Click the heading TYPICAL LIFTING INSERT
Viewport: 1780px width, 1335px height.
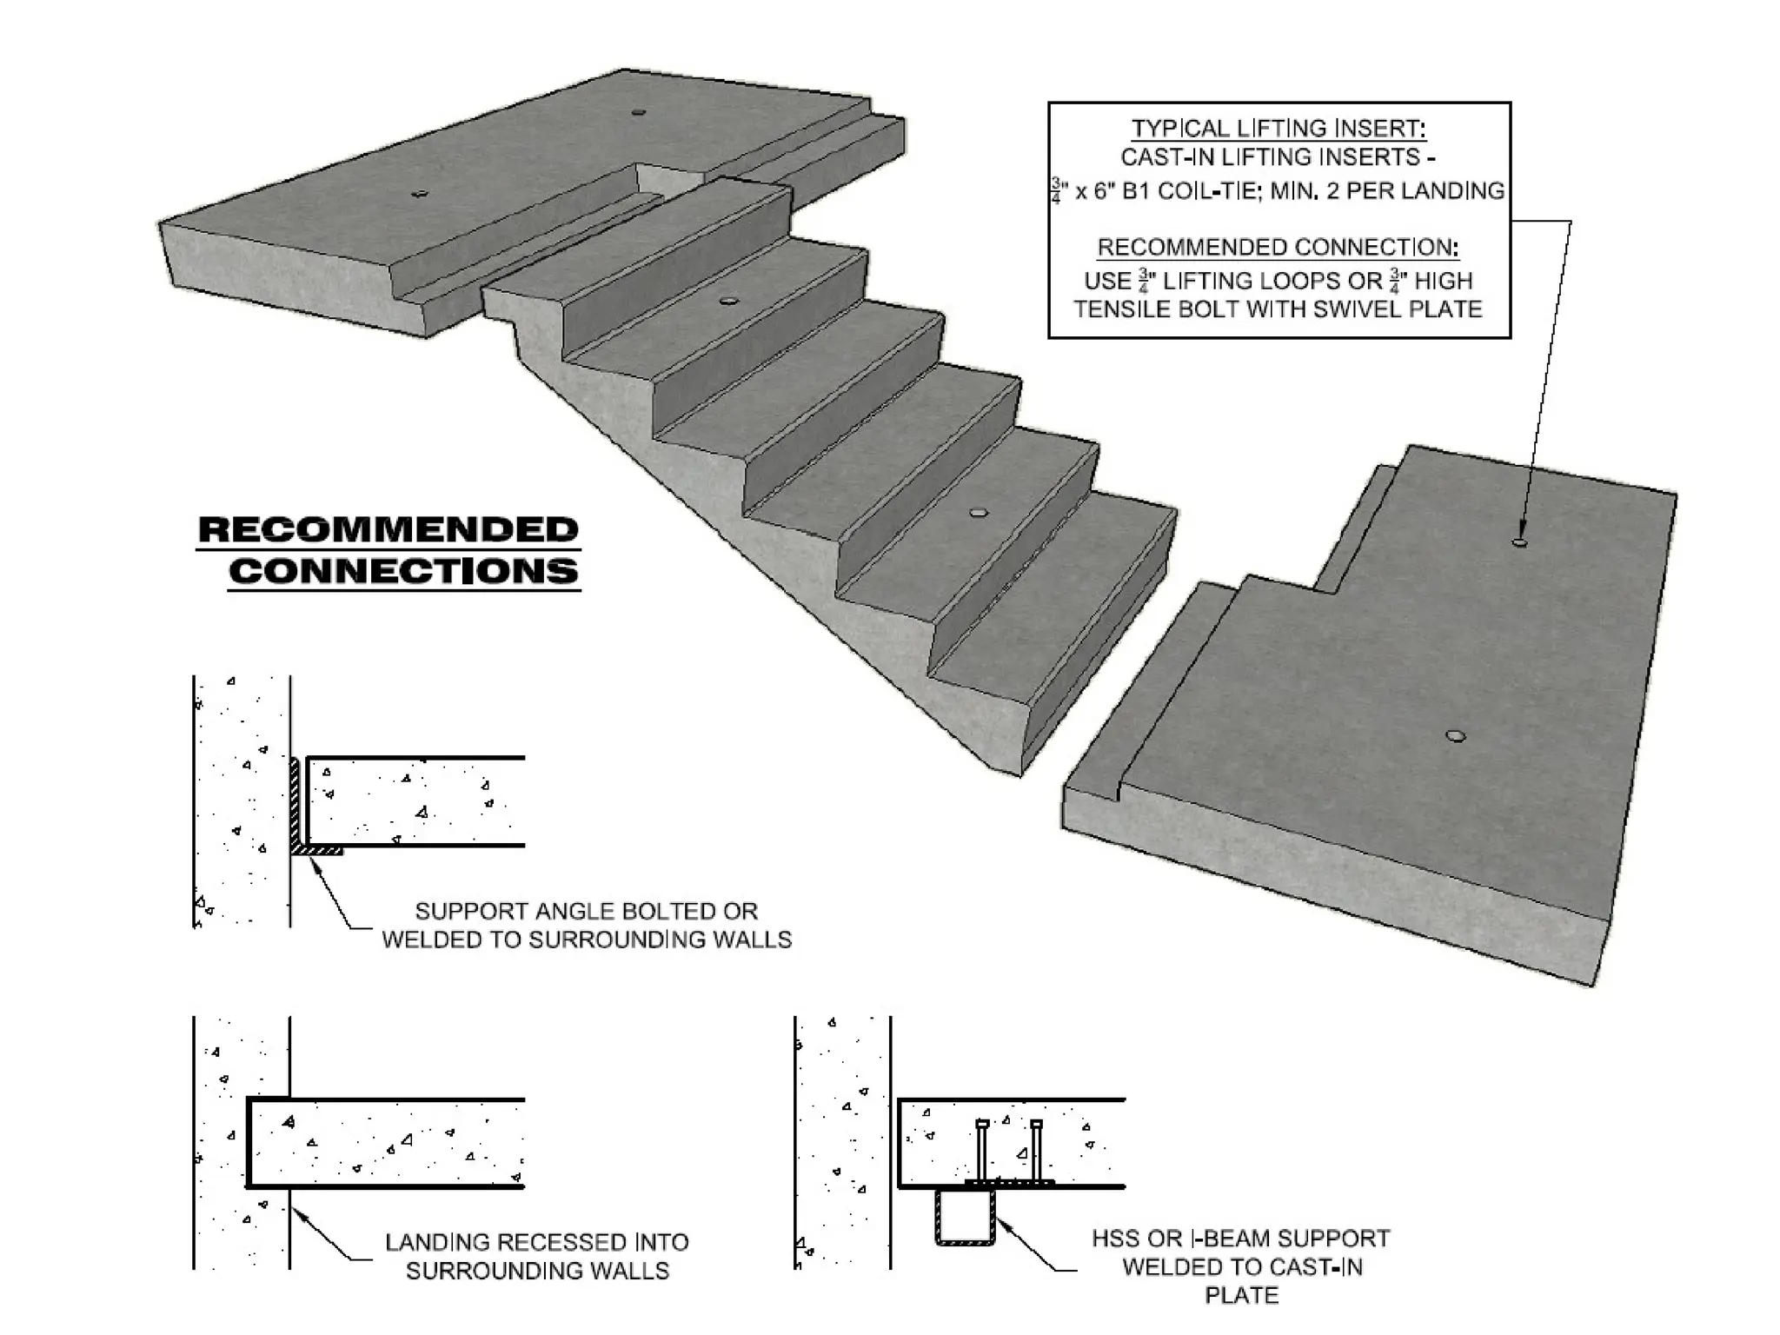click(x=1278, y=129)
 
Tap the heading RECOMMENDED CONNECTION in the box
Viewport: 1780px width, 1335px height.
click(x=1278, y=248)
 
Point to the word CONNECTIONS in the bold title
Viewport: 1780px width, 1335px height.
click(x=403, y=571)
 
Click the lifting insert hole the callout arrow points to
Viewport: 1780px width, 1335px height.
click(x=1519, y=541)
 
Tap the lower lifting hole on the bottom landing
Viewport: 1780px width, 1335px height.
click(x=1455, y=737)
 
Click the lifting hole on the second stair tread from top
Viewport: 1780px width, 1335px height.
click(x=728, y=301)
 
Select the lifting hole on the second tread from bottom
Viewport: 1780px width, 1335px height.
click(x=980, y=513)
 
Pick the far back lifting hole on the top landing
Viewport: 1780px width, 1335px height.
click(x=638, y=112)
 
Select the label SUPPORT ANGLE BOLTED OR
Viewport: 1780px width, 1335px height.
click(x=586, y=911)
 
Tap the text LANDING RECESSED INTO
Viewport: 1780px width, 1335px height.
click(x=536, y=1242)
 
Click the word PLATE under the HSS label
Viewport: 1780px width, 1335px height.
click(x=1241, y=1295)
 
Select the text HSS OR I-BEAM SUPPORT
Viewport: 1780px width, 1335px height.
click(x=1240, y=1239)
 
